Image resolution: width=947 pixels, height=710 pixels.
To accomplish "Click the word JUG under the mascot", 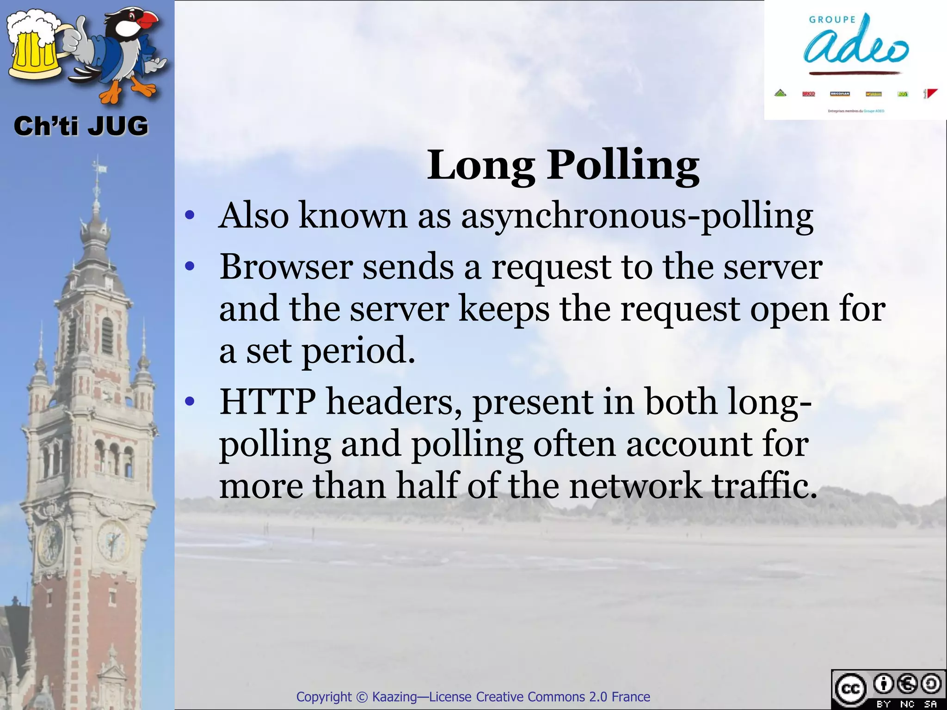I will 117,126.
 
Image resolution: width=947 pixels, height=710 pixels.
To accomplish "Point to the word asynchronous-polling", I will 637,216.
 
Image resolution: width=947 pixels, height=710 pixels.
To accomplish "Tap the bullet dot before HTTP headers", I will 189,402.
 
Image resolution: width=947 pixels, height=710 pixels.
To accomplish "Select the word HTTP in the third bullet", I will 268,402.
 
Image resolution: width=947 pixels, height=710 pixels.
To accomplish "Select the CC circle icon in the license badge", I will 850,688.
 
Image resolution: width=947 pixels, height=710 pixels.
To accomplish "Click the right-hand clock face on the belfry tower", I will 112,540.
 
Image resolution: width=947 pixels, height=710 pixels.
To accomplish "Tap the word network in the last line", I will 635,486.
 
